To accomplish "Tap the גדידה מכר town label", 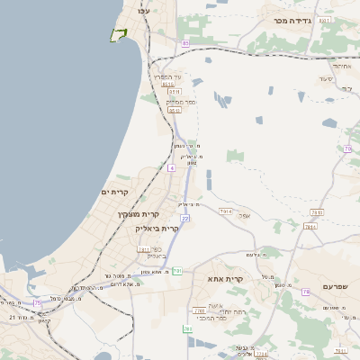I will coord(291,19).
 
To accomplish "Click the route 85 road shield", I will coord(185,43).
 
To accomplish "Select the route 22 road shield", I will coord(184,218).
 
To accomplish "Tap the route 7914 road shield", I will coord(315,211).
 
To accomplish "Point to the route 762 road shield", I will coord(187,329).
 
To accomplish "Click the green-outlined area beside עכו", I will coord(117,34).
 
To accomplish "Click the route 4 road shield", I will coord(171,167).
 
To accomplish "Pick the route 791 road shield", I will coord(177,270).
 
